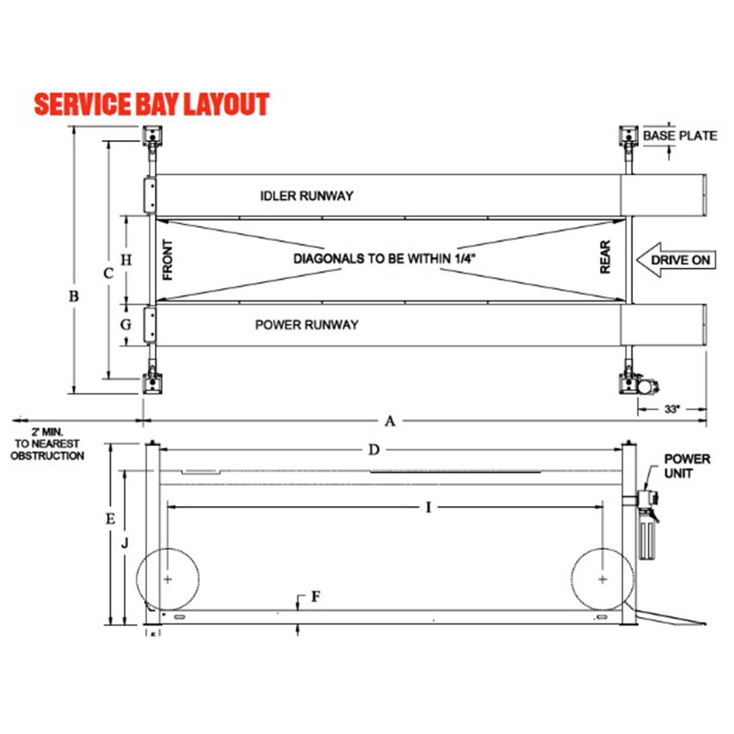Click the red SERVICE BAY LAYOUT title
point(151,105)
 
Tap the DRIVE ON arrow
point(675,260)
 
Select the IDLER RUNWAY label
point(306,196)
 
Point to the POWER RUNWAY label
point(306,325)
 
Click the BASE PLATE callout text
point(680,136)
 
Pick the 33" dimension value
point(672,410)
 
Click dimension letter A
point(390,421)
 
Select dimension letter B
point(73,297)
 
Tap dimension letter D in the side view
point(374,450)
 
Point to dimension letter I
point(428,507)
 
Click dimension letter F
point(315,596)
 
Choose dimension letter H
point(125,260)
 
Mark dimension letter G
point(125,324)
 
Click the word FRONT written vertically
point(168,260)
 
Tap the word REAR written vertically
point(605,258)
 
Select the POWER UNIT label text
point(687,466)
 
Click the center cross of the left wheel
point(168,579)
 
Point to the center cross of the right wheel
point(603,579)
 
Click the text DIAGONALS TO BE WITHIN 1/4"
point(384,259)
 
